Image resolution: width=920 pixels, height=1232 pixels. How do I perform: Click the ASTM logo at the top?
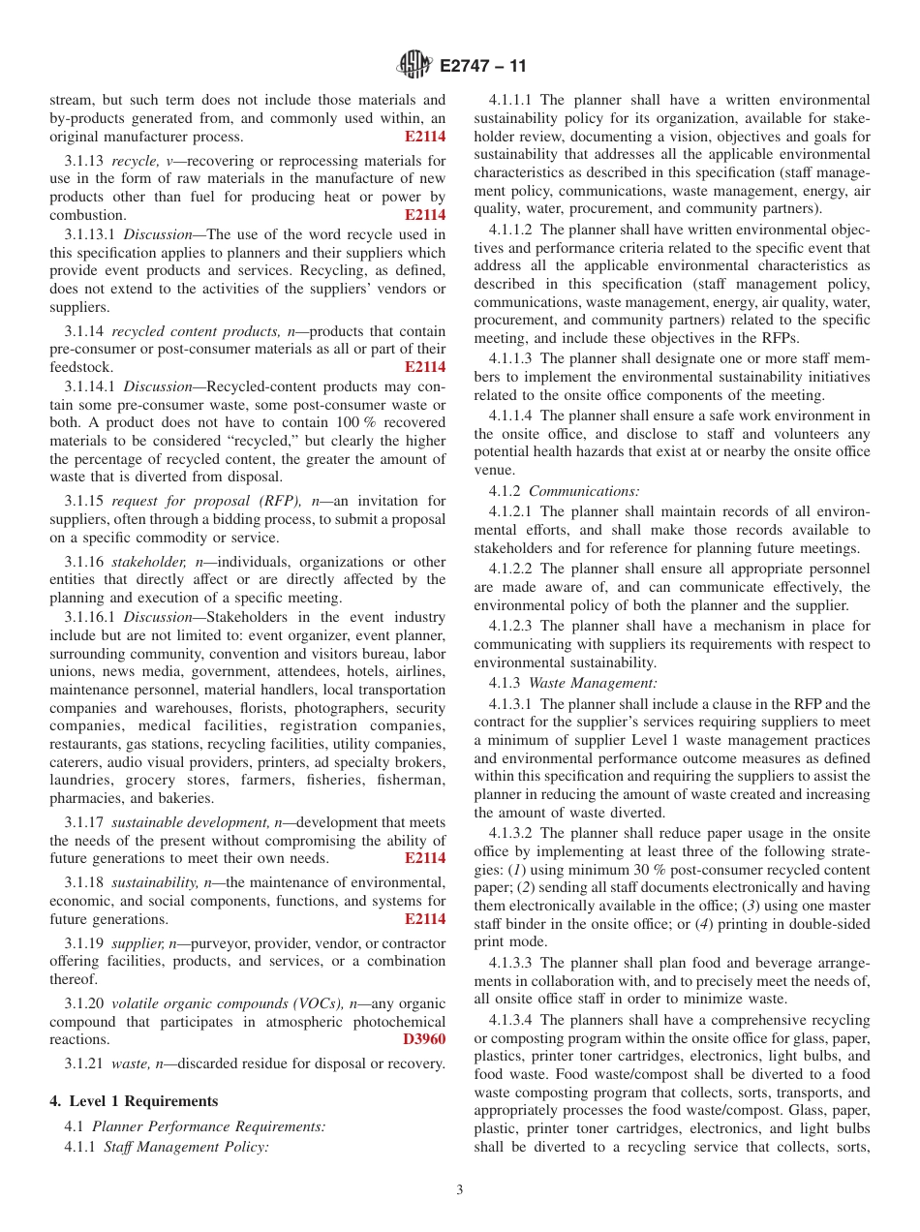click(x=414, y=66)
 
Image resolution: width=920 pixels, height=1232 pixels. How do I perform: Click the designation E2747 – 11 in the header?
click(x=482, y=67)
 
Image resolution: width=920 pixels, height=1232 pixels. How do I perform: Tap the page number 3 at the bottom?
click(x=460, y=1190)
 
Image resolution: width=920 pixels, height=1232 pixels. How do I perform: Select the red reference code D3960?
click(x=424, y=1039)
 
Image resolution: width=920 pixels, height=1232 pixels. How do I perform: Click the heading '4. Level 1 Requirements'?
click(x=134, y=1101)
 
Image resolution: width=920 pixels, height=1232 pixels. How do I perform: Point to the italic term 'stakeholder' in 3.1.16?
click(x=151, y=562)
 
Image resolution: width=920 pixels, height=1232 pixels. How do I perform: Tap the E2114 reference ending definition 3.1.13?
click(x=425, y=215)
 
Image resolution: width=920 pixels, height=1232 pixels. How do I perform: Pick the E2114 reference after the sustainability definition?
click(x=425, y=919)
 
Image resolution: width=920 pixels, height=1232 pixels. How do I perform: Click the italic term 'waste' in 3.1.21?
click(x=131, y=1064)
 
